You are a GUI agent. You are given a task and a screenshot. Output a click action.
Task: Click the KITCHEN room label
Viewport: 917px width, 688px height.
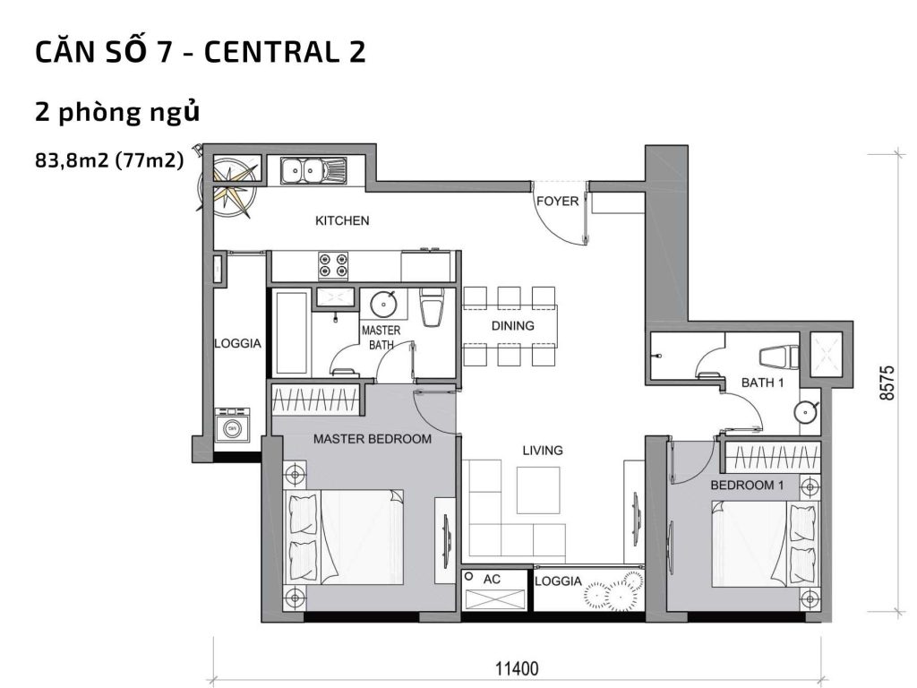point(342,220)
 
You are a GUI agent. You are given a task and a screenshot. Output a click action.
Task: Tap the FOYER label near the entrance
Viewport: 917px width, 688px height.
point(557,202)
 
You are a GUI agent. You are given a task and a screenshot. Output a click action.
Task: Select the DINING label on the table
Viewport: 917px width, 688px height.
point(512,326)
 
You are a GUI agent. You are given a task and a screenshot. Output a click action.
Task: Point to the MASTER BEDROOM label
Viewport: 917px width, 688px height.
point(372,439)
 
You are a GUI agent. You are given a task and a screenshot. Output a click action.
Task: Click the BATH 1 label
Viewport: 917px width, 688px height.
point(762,383)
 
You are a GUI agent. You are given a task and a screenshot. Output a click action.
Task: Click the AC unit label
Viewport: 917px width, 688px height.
point(492,580)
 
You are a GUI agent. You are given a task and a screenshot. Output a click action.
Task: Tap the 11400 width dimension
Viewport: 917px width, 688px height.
point(517,667)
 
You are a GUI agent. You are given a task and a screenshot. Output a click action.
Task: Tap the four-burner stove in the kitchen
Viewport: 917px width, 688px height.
point(334,265)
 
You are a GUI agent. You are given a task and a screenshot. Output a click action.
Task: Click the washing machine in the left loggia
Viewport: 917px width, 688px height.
point(233,426)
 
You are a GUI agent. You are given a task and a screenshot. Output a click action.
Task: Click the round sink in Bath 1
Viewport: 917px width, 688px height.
point(805,412)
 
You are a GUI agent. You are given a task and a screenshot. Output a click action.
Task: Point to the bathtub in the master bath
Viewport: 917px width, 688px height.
point(291,332)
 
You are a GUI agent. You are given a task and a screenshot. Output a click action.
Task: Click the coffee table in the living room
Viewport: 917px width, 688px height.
point(538,489)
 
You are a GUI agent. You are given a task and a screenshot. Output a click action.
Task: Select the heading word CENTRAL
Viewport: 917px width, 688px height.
point(265,52)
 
